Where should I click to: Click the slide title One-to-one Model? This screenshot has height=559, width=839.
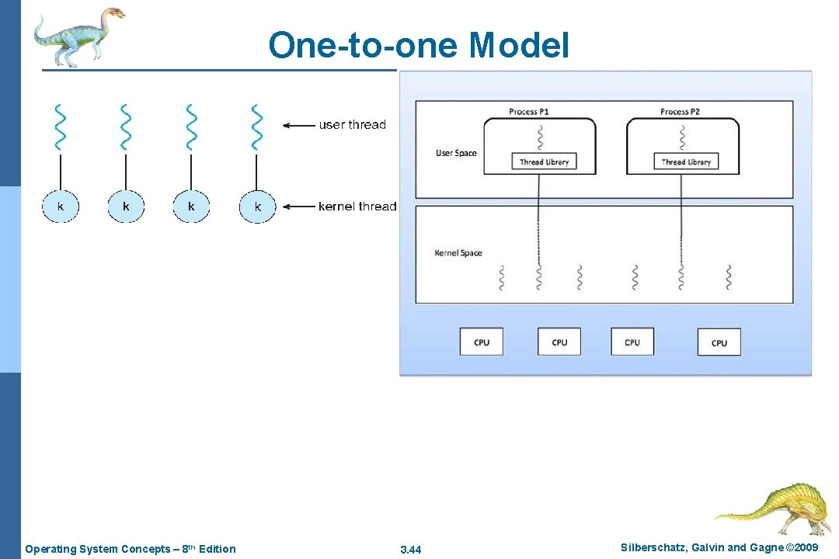coord(419,46)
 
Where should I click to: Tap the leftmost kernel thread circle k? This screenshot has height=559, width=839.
coord(61,207)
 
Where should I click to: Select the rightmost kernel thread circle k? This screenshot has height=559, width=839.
coord(257,207)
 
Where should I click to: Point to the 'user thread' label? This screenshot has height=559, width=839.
coord(352,124)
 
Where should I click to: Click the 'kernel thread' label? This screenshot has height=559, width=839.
coord(357,207)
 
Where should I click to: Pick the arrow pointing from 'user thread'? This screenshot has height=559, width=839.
coord(298,124)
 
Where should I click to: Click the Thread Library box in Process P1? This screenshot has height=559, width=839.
coord(544,161)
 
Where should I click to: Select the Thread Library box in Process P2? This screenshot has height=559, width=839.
coord(686,161)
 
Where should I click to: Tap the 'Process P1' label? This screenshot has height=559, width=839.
coord(529,112)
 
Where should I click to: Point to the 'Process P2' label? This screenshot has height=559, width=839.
coord(680,112)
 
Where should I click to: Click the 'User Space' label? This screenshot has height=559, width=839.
coord(456,153)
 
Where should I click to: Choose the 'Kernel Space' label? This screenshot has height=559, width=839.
coord(458,253)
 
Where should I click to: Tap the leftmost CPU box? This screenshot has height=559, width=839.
coord(482,342)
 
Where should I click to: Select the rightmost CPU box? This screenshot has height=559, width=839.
coord(719,342)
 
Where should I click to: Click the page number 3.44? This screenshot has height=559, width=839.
coord(410,550)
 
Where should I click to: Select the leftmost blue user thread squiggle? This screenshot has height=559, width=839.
coord(60,127)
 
